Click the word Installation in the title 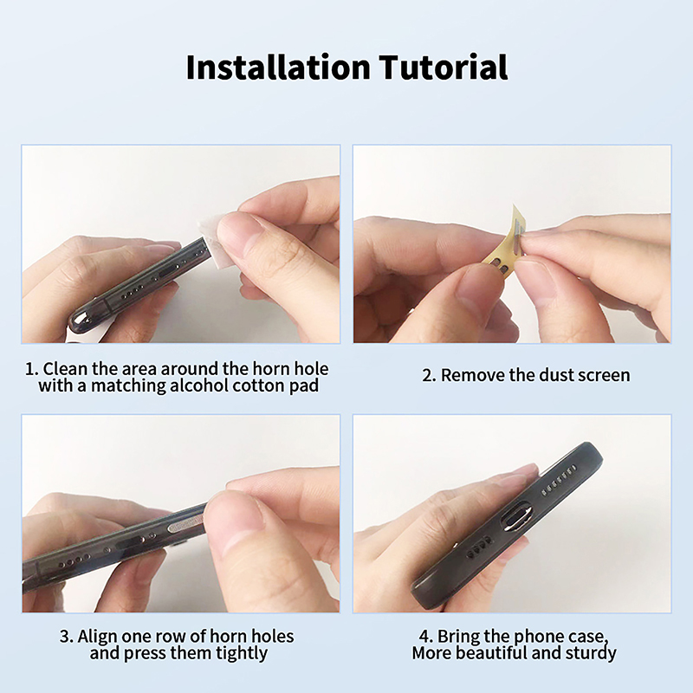pos(278,68)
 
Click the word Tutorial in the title pos(444,68)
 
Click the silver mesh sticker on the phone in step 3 pos(185,524)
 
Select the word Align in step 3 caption pos(97,637)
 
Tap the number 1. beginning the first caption pos(32,369)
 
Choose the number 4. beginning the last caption pos(426,637)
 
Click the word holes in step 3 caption pos(273,637)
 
